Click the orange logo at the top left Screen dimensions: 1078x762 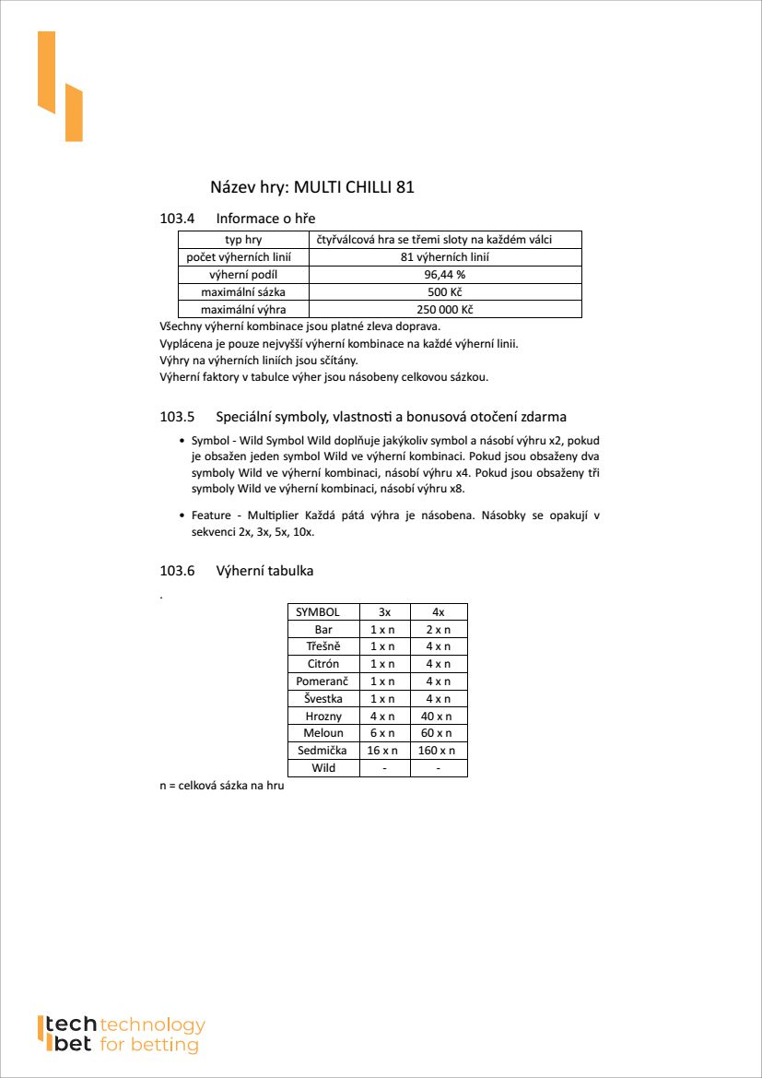pos(60,86)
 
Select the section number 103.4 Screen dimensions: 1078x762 pos(178,219)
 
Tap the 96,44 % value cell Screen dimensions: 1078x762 pos(445,275)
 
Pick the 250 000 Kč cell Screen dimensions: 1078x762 pos(445,310)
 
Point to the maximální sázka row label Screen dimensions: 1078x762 pos(243,292)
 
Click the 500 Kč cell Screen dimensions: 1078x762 pos(445,292)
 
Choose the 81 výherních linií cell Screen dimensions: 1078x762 pos(445,257)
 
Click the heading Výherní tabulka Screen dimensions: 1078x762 pos(264,571)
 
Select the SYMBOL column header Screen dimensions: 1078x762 pos(318,612)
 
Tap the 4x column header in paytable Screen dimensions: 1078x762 pos(439,612)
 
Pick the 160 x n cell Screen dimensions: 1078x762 pos(439,751)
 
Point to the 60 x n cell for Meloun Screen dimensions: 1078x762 pos(439,733)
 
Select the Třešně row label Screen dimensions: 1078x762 pos(323,646)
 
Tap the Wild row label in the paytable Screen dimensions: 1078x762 pos(323,768)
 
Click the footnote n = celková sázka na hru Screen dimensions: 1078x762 pos(221,787)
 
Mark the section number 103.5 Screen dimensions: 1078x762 pos(178,417)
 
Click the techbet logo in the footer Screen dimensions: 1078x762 pos(120,1035)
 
